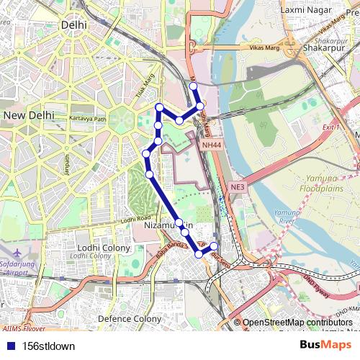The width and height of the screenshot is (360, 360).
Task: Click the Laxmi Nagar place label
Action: (306, 10)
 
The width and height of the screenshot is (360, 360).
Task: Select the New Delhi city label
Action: (29, 114)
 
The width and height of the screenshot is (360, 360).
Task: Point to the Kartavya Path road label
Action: (87, 119)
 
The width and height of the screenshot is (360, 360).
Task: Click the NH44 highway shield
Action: (212, 145)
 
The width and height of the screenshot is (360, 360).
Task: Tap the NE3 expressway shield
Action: (238, 187)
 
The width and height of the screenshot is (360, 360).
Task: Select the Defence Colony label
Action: (130, 318)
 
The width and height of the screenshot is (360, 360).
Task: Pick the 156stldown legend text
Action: (48, 346)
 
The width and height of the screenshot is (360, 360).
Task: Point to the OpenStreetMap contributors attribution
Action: (297, 323)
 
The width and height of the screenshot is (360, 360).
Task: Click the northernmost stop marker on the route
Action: (193, 86)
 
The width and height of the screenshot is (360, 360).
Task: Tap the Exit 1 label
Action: (331, 127)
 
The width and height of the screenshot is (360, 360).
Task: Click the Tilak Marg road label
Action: (145, 88)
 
